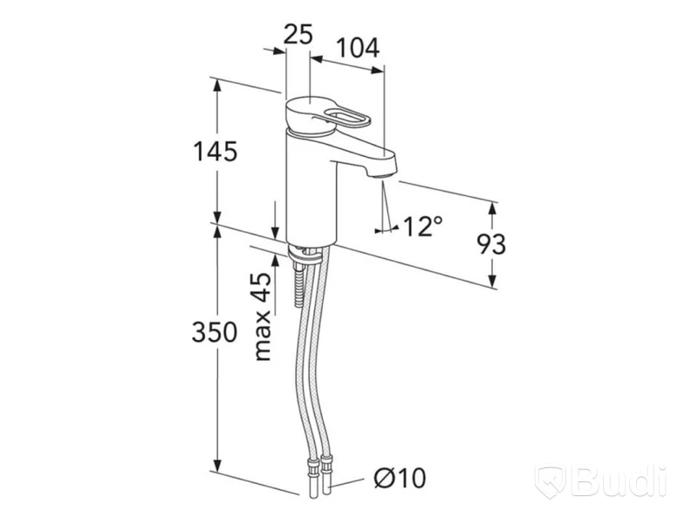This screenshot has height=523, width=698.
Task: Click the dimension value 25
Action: [x=298, y=34]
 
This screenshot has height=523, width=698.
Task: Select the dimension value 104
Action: [x=358, y=48]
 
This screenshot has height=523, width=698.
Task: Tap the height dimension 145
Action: [x=215, y=151]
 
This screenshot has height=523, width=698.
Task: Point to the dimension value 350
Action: [x=215, y=332]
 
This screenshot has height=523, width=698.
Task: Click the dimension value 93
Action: [x=491, y=244]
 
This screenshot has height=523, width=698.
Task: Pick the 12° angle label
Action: [x=423, y=226]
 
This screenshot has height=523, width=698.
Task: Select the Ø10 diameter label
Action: [x=400, y=478]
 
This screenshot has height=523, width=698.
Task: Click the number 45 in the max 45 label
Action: [x=263, y=288]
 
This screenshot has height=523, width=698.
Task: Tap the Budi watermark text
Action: [x=619, y=481]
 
